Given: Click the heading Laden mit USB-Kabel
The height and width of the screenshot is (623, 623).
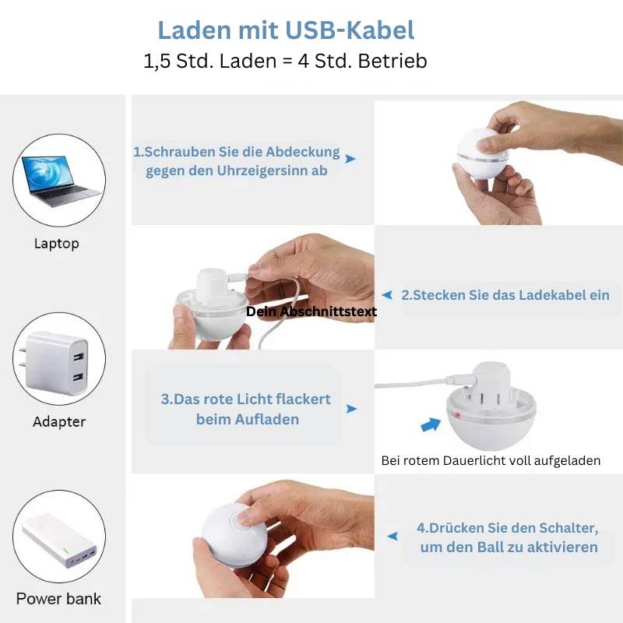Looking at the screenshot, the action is click(x=286, y=30).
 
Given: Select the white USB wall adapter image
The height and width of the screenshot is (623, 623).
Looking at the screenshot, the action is click(x=55, y=362).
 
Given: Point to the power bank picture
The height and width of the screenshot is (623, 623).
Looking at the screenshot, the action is click(x=60, y=540).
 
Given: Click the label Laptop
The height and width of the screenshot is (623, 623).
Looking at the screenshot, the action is click(x=56, y=244).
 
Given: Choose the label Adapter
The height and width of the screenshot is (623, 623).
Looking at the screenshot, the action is click(x=59, y=421).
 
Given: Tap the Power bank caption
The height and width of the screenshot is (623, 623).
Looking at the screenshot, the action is click(x=59, y=599).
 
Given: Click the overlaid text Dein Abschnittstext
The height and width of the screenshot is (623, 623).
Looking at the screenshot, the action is click(x=311, y=311).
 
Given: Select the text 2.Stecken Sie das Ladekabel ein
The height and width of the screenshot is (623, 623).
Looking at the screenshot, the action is click(x=505, y=295).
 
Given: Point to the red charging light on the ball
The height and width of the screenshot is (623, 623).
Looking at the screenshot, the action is click(x=457, y=416).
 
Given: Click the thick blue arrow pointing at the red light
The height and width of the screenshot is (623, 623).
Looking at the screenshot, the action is click(x=431, y=424).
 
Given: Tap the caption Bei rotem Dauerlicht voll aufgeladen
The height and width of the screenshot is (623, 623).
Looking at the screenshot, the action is click(x=491, y=460).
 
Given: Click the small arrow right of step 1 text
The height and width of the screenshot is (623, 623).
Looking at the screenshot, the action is click(x=350, y=159).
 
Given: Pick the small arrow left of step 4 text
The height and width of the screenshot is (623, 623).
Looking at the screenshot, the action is click(x=392, y=536).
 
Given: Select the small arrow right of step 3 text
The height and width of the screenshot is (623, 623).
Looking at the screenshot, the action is click(x=351, y=409).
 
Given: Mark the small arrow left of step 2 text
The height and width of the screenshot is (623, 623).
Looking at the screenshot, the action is click(x=387, y=295).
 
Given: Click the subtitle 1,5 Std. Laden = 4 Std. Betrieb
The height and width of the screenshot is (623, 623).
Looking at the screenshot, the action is click(x=285, y=61).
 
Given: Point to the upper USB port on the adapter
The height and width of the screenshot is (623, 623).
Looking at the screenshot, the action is click(x=79, y=357).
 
